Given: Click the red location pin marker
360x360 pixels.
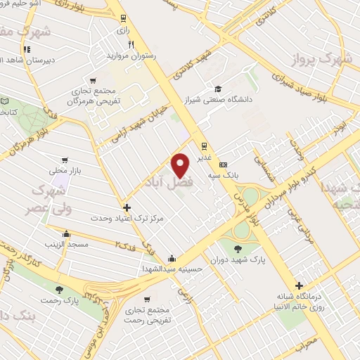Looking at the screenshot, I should tap(181, 164).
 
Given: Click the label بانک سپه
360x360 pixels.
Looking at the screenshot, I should tap(236, 172).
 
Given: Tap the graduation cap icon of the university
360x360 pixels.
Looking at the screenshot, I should tap(218, 89).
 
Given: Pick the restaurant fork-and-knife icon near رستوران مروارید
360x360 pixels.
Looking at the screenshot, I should tap(131, 44).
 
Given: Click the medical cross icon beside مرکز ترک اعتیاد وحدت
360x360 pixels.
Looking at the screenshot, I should tap(127, 207).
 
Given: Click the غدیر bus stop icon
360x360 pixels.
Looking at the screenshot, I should tap(203, 147).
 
